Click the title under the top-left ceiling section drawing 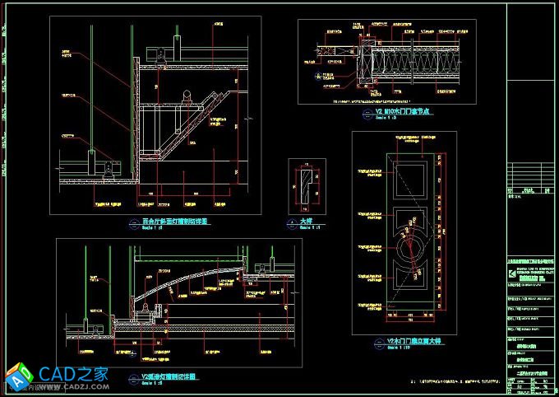(x=175, y=222)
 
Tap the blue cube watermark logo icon (x=19, y=376)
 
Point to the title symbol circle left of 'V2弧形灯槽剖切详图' (x=136, y=378)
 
